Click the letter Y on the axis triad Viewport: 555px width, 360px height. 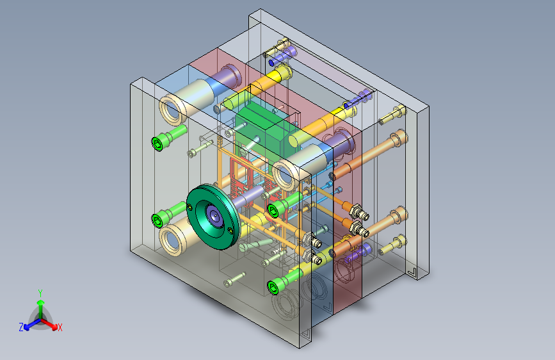pos(40,293)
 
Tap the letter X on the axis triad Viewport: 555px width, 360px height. pos(60,328)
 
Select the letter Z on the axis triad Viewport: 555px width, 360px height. pos(21,327)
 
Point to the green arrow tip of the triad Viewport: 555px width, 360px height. pos(41,302)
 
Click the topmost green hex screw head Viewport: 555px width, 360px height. pos(158,143)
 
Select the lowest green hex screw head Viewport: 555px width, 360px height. pos(273,287)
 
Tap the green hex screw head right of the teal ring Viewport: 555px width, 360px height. pos(273,211)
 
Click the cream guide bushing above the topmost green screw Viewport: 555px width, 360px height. pos(173,109)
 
